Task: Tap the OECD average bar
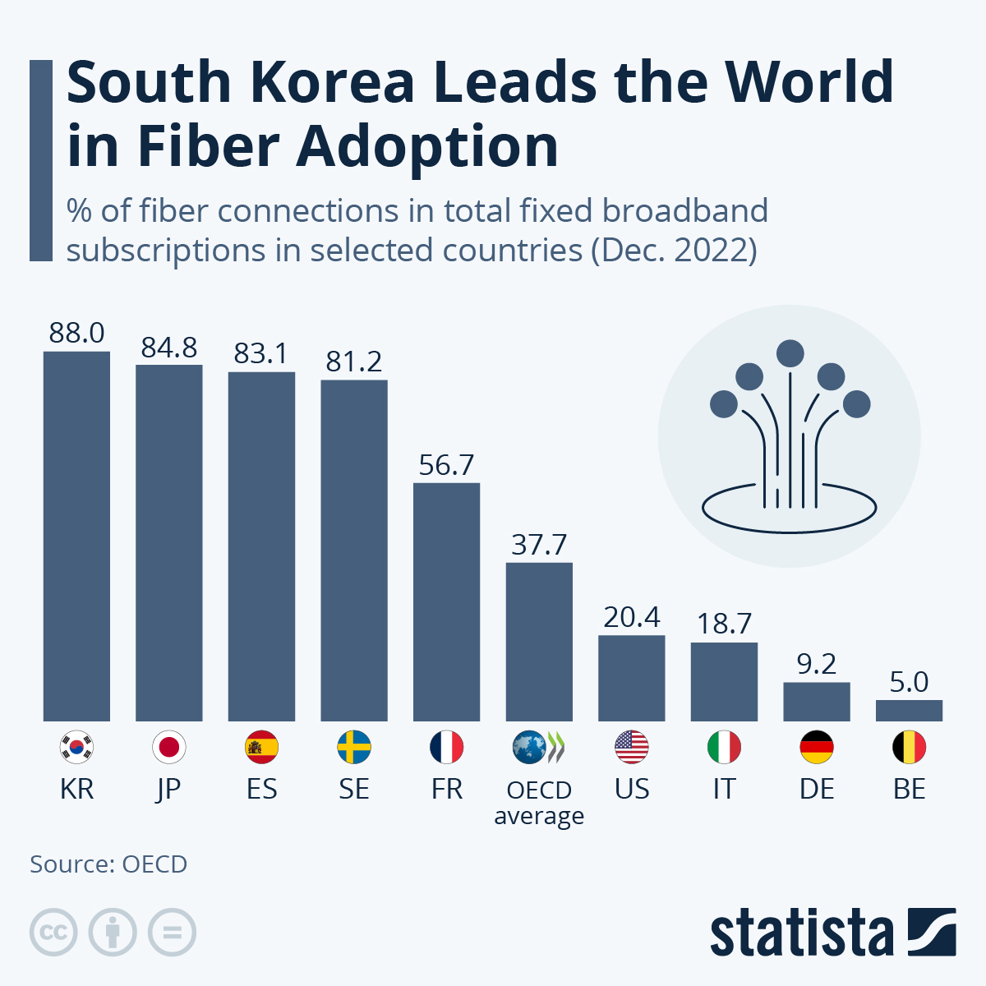pyautogui.click(x=539, y=642)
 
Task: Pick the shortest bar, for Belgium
pyautogui.click(x=909, y=711)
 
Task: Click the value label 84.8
pyautogui.click(x=169, y=348)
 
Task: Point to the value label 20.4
pyautogui.click(x=631, y=617)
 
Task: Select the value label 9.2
pyautogui.click(x=816, y=664)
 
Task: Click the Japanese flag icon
pyautogui.click(x=169, y=747)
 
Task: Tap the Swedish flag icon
pyautogui.click(x=354, y=747)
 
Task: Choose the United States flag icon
pyautogui.click(x=631, y=747)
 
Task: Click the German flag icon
pyautogui.click(x=816, y=747)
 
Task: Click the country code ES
pyautogui.click(x=261, y=789)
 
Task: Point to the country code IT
pyautogui.click(x=723, y=789)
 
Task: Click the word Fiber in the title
pyautogui.click(x=208, y=146)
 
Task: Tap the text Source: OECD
pyautogui.click(x=108, y=864)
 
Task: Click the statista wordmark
pyautogui.click(x=802, y=933)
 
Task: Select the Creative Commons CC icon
pyautogui.click(x=53, y=933)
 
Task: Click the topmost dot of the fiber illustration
pyautogui.click(x=790, y=353)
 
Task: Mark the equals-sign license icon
pyautogui.click(x=172, y=933)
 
